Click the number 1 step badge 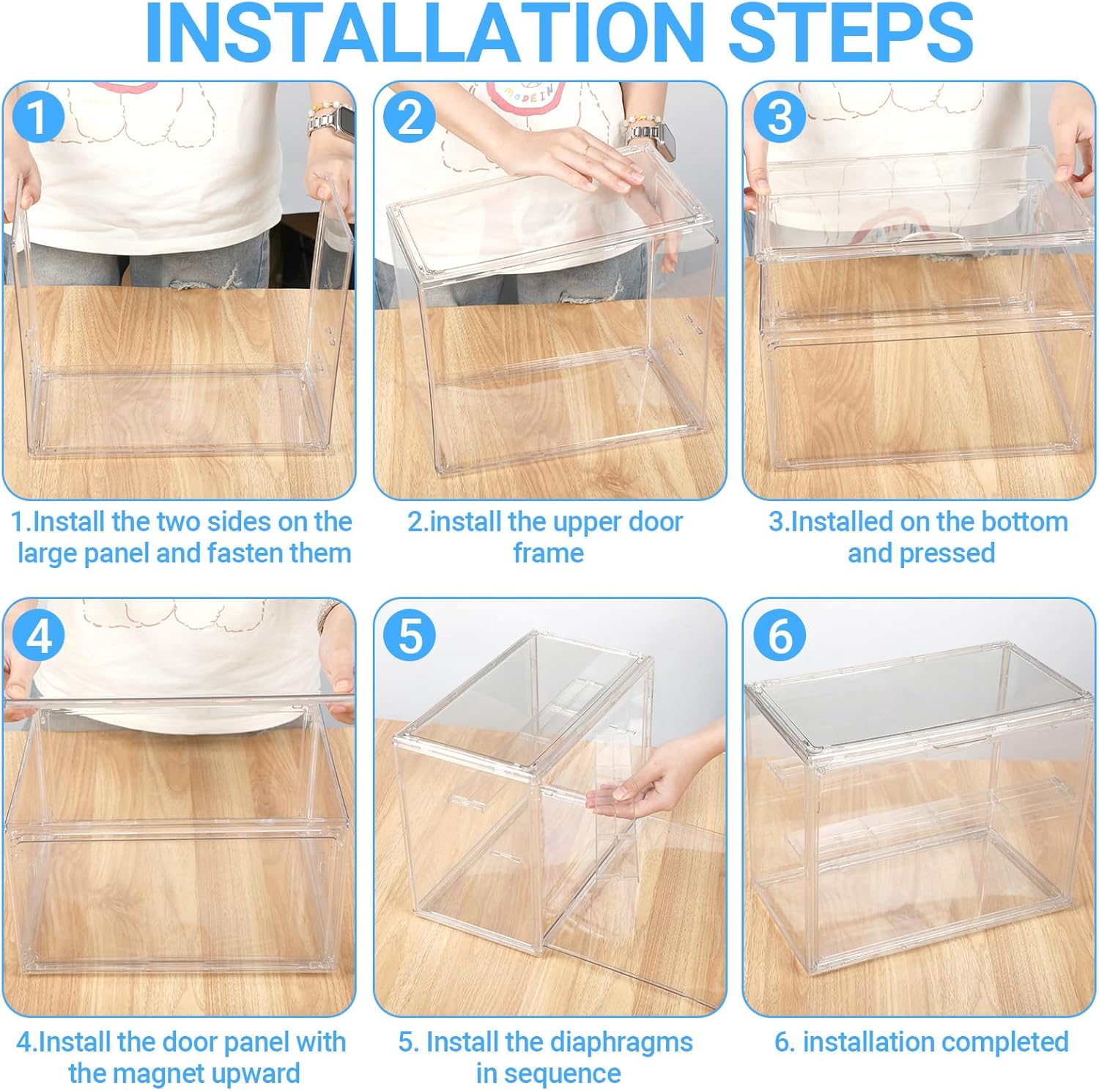point(39,116)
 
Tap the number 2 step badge point(410,116)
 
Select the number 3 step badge point(780,116)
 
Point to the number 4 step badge point(39,634)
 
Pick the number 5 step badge point(410,634)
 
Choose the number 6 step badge point(780,634)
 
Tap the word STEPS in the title point(851,33)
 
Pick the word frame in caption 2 point(548,553)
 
